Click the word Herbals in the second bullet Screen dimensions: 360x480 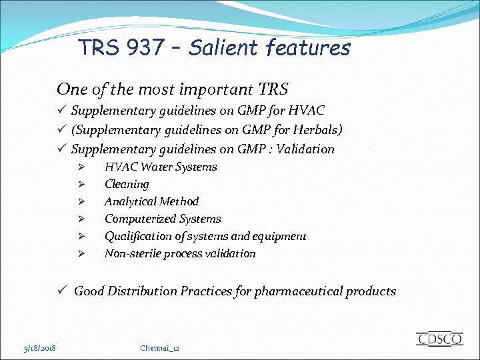pos(315,129)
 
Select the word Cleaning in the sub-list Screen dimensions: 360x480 pos(127,184)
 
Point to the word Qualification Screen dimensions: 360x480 pos(137,236)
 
